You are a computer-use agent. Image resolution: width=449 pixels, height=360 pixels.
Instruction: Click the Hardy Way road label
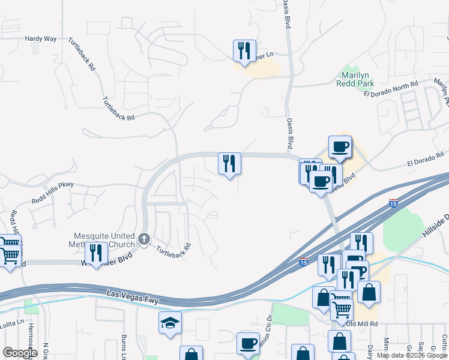(x=41, y=38)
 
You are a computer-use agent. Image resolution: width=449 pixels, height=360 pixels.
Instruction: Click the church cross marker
(x=143, y=239)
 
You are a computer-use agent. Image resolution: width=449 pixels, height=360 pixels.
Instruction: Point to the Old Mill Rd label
(x=365, y=323)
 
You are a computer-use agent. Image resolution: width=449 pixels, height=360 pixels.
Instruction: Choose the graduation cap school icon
(x=170, y=323)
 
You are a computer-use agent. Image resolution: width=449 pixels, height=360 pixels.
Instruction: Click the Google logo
(x=20, y=352)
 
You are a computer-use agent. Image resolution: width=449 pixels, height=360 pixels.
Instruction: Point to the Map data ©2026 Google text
(x=412, y=355)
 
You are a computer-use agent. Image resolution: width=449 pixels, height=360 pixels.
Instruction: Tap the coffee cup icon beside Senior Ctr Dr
(x=248, y=343)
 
